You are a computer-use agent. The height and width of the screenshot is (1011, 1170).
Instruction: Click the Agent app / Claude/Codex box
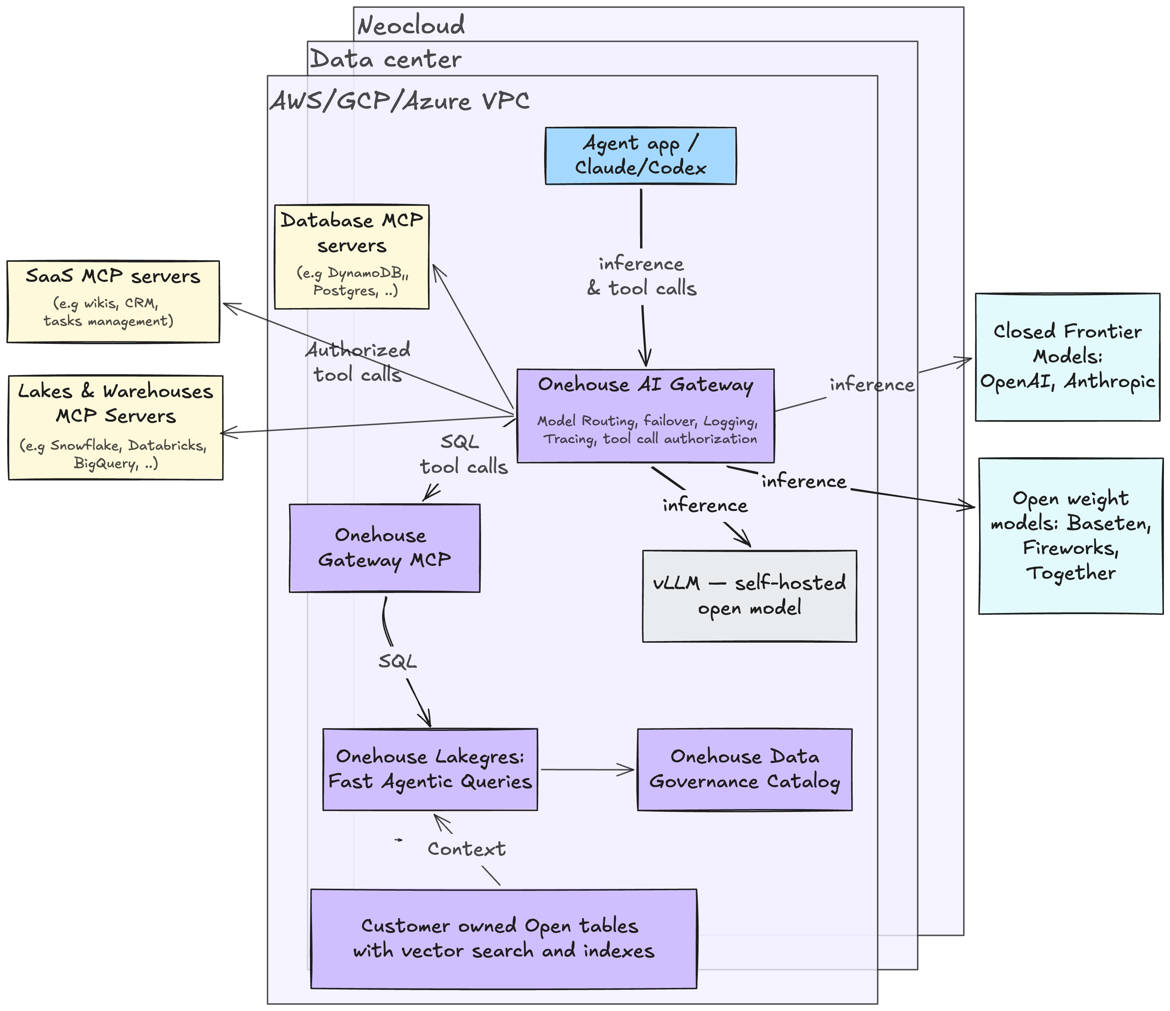click(640, 156)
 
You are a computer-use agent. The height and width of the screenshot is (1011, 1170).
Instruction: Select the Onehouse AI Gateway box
click(645, 416)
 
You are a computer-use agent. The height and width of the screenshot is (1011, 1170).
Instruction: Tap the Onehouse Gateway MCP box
click(385, 548)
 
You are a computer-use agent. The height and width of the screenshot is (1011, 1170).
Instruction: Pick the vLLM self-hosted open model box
click(749, 596)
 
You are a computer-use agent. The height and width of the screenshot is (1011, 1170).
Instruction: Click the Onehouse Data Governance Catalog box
click(745, 769)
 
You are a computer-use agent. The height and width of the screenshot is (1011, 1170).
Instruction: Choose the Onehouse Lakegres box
click(430, 769)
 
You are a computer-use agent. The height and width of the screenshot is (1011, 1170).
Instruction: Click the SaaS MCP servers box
click(113, 301)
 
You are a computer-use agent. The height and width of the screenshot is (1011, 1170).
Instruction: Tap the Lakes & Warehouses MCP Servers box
click(116, 428)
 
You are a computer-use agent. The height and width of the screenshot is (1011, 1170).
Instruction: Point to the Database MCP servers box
click(352, 257)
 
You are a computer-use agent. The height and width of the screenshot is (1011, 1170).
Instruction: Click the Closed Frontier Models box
click(1067, 357)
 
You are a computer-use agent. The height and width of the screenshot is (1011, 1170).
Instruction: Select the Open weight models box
click(1070, 536)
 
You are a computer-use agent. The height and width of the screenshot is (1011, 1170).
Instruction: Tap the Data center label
click(386, 59)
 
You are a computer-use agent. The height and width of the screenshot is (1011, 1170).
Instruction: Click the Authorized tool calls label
click(358, 362)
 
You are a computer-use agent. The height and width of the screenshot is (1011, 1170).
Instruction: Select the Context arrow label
click(467, 848)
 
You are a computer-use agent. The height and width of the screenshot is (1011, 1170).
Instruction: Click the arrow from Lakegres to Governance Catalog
click(587, 769)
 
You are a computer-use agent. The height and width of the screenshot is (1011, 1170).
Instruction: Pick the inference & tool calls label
click(641, 276)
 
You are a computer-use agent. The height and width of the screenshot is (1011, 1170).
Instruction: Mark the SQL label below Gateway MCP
click(397, 661)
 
